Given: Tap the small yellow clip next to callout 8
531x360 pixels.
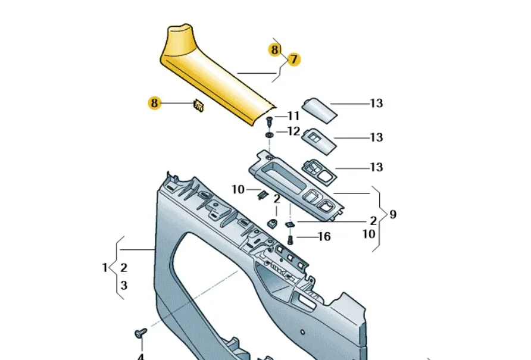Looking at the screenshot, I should point(199,106).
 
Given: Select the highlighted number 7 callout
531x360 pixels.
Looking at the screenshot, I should point(293,60).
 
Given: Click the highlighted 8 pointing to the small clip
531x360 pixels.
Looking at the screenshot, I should point(155,103).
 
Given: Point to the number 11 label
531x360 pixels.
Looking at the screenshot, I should point(293,116).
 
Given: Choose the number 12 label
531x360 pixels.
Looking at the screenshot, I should point(293,132).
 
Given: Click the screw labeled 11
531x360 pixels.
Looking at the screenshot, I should point(268,122).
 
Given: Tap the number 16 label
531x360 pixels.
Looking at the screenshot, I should point(324,237).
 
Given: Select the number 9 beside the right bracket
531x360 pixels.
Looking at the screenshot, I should point(393,214).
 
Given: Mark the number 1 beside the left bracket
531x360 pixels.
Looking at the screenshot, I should point(105,268).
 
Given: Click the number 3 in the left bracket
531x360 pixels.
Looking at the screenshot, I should point(124,286).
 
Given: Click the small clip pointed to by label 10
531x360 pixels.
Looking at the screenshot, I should point(261,193).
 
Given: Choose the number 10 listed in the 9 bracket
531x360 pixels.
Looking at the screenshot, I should point(369,234).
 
